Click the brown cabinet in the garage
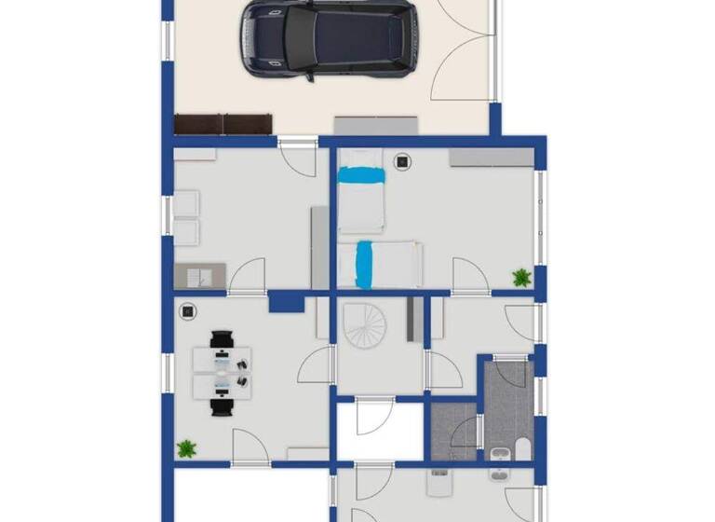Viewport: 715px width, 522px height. coord(223,123)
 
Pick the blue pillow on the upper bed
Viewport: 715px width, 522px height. coord(360,174)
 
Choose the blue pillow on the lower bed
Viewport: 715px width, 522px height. coord(365,264)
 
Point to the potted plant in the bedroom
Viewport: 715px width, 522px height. coord(521,277)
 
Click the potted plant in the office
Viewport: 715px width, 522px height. coord(187,448)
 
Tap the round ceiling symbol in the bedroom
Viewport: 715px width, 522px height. coord(403,162)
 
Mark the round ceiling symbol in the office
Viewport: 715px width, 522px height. coord(187,312)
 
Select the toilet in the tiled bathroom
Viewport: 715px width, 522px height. coord(522,450)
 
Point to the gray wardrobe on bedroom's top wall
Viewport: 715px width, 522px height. coord(491,158)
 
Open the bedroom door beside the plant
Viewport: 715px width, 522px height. coord(470,276)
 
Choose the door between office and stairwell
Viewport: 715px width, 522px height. coord(317,364)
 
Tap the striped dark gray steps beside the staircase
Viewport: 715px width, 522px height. coord(412,319)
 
